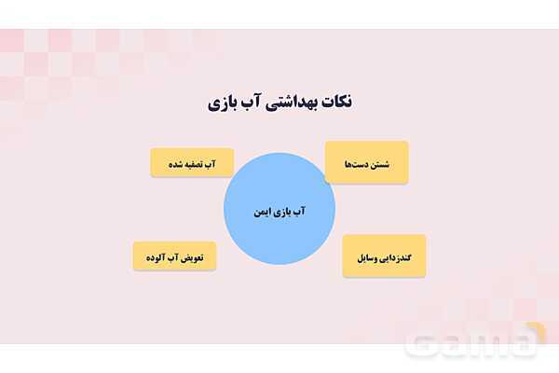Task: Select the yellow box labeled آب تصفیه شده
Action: [192, 163]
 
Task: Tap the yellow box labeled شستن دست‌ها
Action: [366, 163]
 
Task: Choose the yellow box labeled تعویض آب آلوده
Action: [174, 256]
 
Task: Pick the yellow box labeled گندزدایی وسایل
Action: [385, 256]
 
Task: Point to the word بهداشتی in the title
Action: [279, 102]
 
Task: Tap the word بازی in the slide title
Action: [224, 102]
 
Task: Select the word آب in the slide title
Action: [251, 102]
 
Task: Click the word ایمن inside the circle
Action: [262, 212]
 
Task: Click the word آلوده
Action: [154, 256]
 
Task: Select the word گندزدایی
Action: [401, 256]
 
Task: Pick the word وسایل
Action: [364, 256]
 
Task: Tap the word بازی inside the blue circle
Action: [283, 212]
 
